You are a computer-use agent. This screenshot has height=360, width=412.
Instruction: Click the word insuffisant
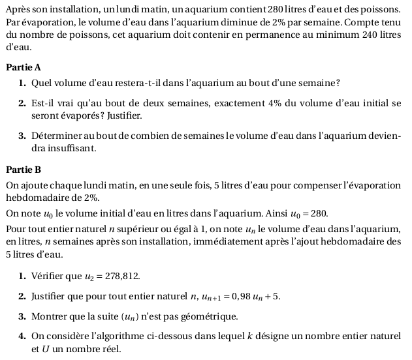tap(72, 149)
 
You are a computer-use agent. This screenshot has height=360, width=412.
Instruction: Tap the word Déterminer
tap(59, 136)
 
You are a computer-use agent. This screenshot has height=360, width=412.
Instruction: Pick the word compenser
tap(324, 186)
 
